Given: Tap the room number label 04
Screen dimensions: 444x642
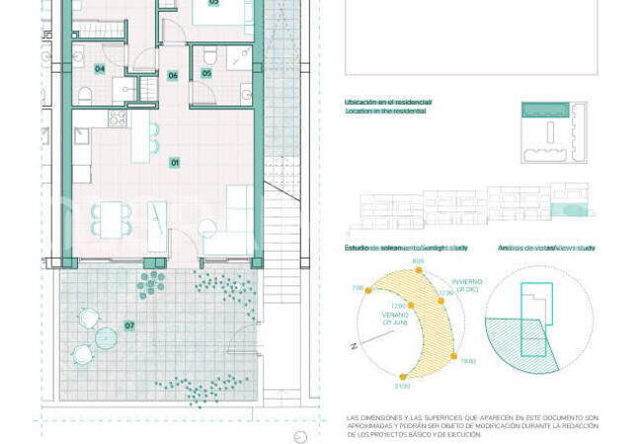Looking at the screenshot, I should pyautogui.click(x=100, y=69).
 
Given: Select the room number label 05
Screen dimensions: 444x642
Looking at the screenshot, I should pyautogui.click(x=206, y=73).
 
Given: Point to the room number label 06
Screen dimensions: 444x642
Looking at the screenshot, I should pyautogui.click(x=173, y=75).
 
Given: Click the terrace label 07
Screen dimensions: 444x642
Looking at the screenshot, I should pyautogui.click(x=129, y=325).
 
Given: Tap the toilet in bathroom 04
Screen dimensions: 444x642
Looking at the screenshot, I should pyautogui.click(x=85, y=95).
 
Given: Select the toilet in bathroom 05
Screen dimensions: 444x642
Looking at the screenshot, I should pyautogui.click(x=208, y=95).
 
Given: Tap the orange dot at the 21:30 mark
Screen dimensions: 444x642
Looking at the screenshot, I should pyautogui.click(x=402, y=377).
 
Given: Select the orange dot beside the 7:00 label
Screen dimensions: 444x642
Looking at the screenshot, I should pyautogui.click(x=370, y=288).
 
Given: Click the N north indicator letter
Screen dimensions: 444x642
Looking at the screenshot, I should pyautogui.click(x=352, y=346).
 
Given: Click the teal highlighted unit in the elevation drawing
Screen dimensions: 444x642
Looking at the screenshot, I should pyautogui.click(x=570, y=210).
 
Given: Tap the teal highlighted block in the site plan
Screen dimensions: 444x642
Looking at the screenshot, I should pyautogui.click(x=546, y=110).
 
